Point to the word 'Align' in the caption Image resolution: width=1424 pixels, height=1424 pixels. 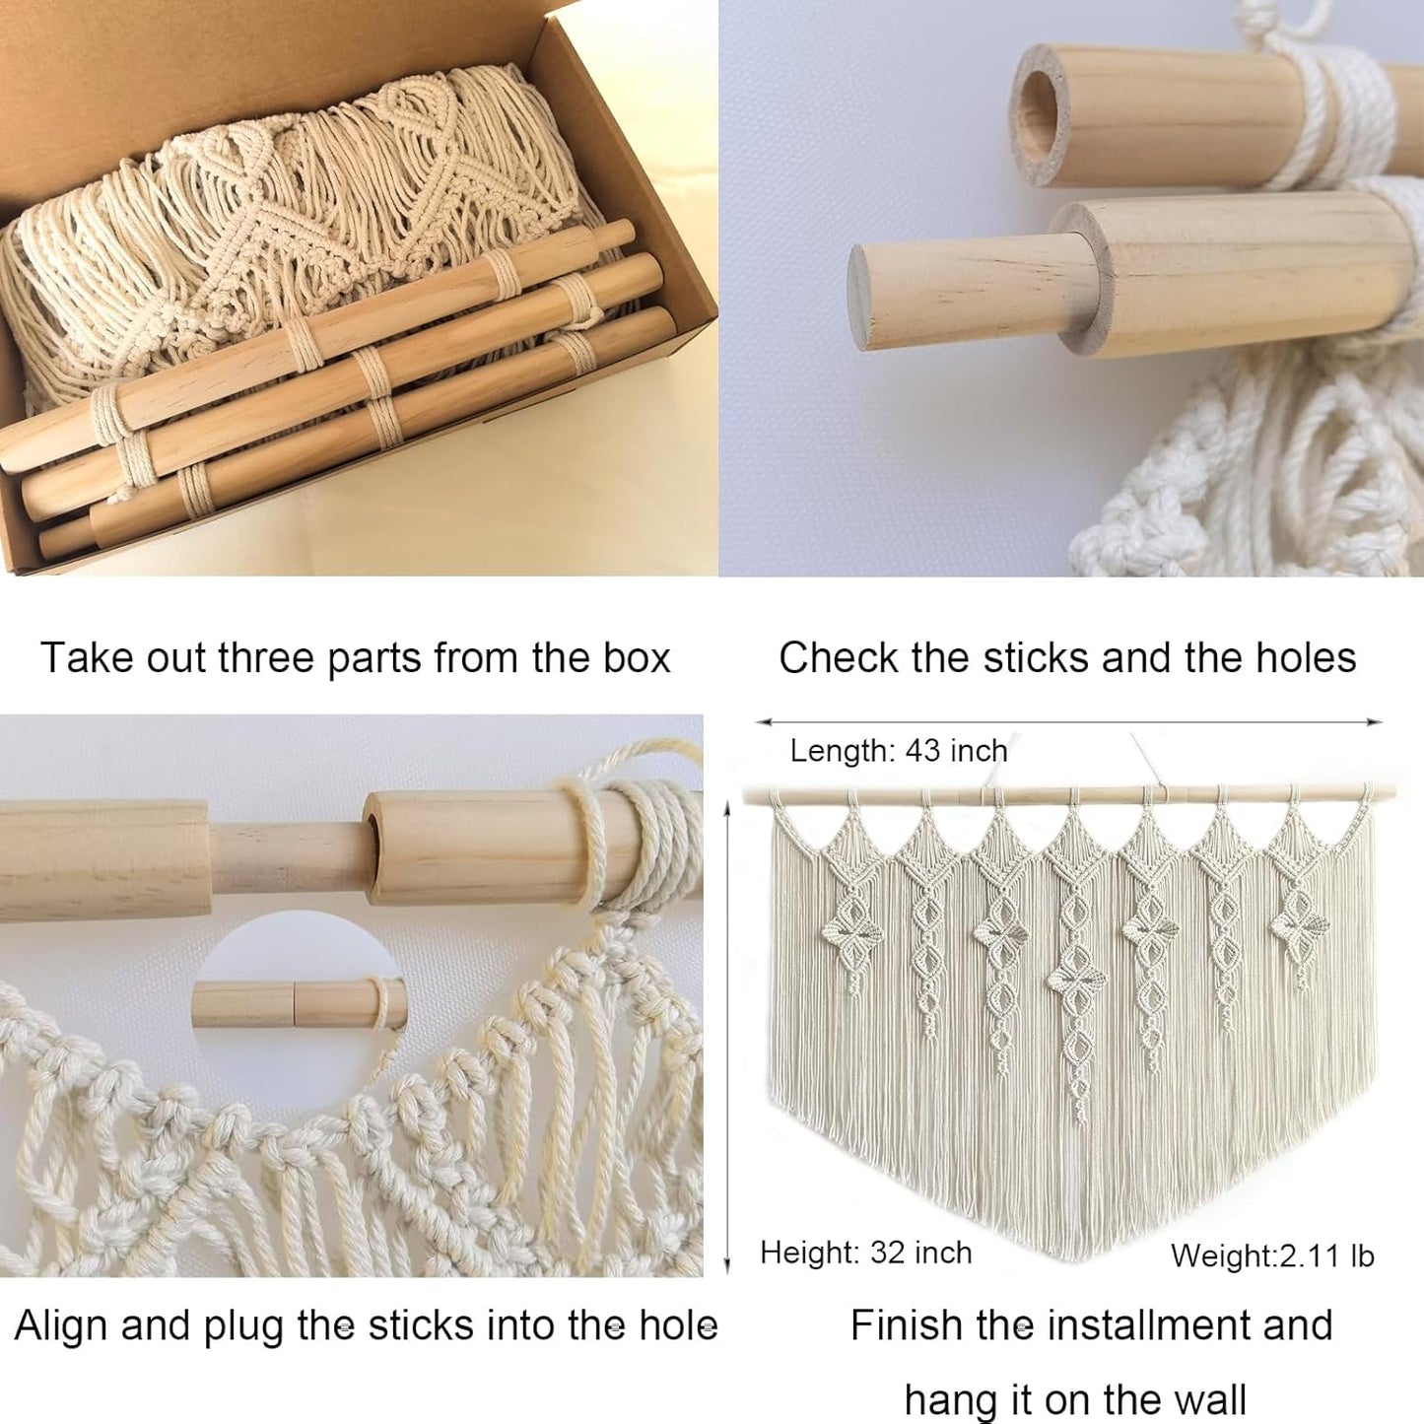tap(61, 1325)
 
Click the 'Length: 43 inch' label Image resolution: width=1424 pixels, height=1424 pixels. tap(899, 751)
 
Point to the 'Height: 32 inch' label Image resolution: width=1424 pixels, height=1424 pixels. tap(865, 1253)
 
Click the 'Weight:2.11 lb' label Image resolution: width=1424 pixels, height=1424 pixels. tap(1272, 1255)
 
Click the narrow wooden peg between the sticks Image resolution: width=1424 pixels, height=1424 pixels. tap(285, 857)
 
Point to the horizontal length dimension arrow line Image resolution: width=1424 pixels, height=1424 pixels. tap(1069, 722)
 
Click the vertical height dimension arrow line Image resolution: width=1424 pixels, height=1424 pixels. tap(728, 1035)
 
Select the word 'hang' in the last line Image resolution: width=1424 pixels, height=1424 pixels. tap(948, 1400)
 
